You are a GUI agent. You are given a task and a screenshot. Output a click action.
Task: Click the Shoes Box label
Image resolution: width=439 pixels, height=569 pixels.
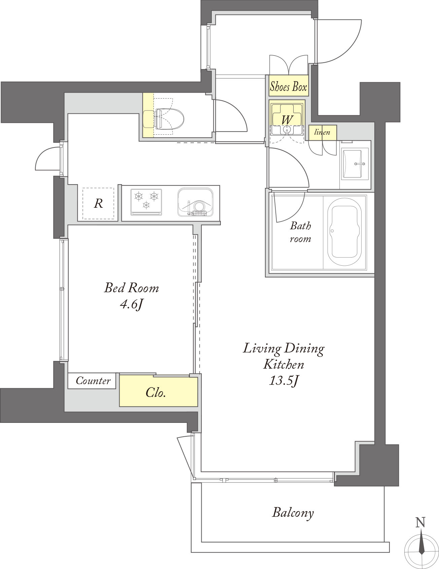[289, 87]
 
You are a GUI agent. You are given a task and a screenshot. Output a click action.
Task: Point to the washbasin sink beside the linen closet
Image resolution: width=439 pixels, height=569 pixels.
[356, 164]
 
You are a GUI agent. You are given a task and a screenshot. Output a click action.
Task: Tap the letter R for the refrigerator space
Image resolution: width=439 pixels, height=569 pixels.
[98, 203]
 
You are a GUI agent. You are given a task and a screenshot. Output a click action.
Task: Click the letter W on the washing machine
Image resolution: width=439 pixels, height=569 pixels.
[286, 119]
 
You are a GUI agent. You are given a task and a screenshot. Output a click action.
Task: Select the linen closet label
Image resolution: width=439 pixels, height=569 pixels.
[322, 132]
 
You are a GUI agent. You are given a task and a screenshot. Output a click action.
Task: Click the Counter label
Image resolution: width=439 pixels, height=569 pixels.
[93, 381]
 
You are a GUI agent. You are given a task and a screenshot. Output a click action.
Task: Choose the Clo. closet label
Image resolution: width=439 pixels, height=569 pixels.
[156, 392]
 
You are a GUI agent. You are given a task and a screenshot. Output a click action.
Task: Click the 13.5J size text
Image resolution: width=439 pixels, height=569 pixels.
[284, 381]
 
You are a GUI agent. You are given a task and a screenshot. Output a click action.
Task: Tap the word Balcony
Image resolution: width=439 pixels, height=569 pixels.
[293, 513]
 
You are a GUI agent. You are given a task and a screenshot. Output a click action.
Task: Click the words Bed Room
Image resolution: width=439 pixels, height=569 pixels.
[131, 288]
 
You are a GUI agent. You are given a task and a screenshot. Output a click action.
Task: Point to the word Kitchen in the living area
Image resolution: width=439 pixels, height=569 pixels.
[283, 364]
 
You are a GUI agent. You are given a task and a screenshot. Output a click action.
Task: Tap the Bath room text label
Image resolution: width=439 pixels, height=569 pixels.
[300, 232]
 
